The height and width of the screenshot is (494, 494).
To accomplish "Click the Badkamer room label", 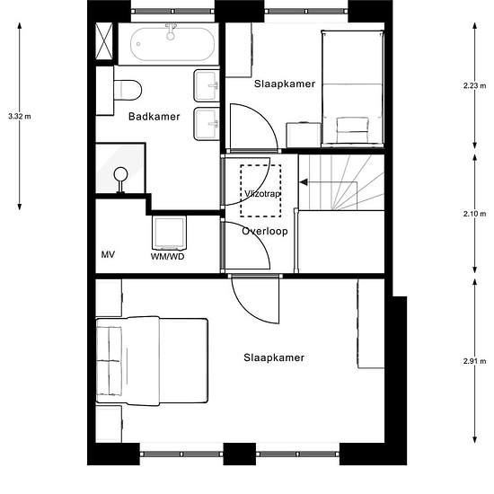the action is [154, 117].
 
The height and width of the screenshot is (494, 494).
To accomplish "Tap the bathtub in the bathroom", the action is [172, 44].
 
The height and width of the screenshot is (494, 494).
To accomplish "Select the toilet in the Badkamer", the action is [128, 91].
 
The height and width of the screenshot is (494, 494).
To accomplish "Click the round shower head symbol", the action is [120, 174].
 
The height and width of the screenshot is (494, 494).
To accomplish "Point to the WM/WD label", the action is [167, 257].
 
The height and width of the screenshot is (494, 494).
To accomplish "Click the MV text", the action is [108, 254].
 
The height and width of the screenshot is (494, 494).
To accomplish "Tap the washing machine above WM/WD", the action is [169, 233].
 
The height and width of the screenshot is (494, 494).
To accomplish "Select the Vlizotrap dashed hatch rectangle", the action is [260, 190].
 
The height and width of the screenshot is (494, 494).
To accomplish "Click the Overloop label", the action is [265, 231].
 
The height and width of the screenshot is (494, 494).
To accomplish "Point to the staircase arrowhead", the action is [304, 182].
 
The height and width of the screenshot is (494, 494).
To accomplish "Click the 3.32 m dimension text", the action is [20, 116].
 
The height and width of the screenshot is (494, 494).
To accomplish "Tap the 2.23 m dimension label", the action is [474, 85].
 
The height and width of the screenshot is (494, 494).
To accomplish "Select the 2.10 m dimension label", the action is [474, 214].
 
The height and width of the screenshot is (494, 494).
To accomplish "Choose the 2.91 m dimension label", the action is [474, 361].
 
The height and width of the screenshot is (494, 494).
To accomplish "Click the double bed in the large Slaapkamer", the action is [152, 361].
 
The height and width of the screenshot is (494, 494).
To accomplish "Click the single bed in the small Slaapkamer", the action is [353, 89].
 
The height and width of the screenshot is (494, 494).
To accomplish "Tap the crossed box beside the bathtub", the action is [104, 41].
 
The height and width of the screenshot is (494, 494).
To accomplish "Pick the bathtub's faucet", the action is [171, 31].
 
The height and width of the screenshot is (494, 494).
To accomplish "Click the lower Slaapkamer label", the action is [274, 357].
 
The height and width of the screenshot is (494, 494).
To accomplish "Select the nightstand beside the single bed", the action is [304, 135].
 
